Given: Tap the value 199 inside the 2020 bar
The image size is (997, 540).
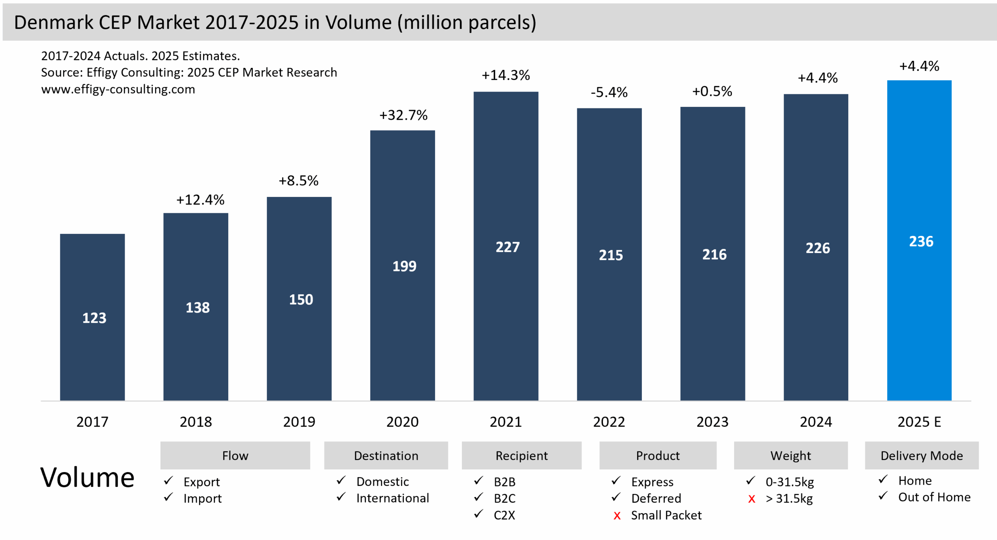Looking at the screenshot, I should tap(404, 266).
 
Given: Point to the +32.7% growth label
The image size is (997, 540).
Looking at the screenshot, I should tap(403, 115).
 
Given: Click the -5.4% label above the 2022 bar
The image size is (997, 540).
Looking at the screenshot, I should tap(609, 93).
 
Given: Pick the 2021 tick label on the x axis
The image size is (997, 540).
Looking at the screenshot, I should tap(506, 422).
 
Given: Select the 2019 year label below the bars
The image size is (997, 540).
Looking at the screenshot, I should tap(299, 422).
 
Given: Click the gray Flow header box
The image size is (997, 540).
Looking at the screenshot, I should tap(235, 455).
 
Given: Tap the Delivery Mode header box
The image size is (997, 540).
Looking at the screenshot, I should tap(921, 455).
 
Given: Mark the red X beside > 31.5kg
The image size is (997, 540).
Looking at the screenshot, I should tap(752, 499).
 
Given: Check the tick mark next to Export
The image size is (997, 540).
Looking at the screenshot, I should tap(168, 481).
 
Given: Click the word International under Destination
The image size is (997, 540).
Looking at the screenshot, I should tap(393, 498).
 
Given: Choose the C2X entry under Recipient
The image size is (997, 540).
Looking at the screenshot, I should tap(504, 515).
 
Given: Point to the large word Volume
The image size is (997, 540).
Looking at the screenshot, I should tap(87, 478).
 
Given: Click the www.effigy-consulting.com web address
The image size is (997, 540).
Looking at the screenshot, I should tap(118, 89).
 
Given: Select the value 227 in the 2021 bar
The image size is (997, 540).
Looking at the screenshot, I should tap(507, 247).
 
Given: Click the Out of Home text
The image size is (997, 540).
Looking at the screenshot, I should tap(934, 497).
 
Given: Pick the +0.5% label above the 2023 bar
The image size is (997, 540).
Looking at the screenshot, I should tap(712, 92).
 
